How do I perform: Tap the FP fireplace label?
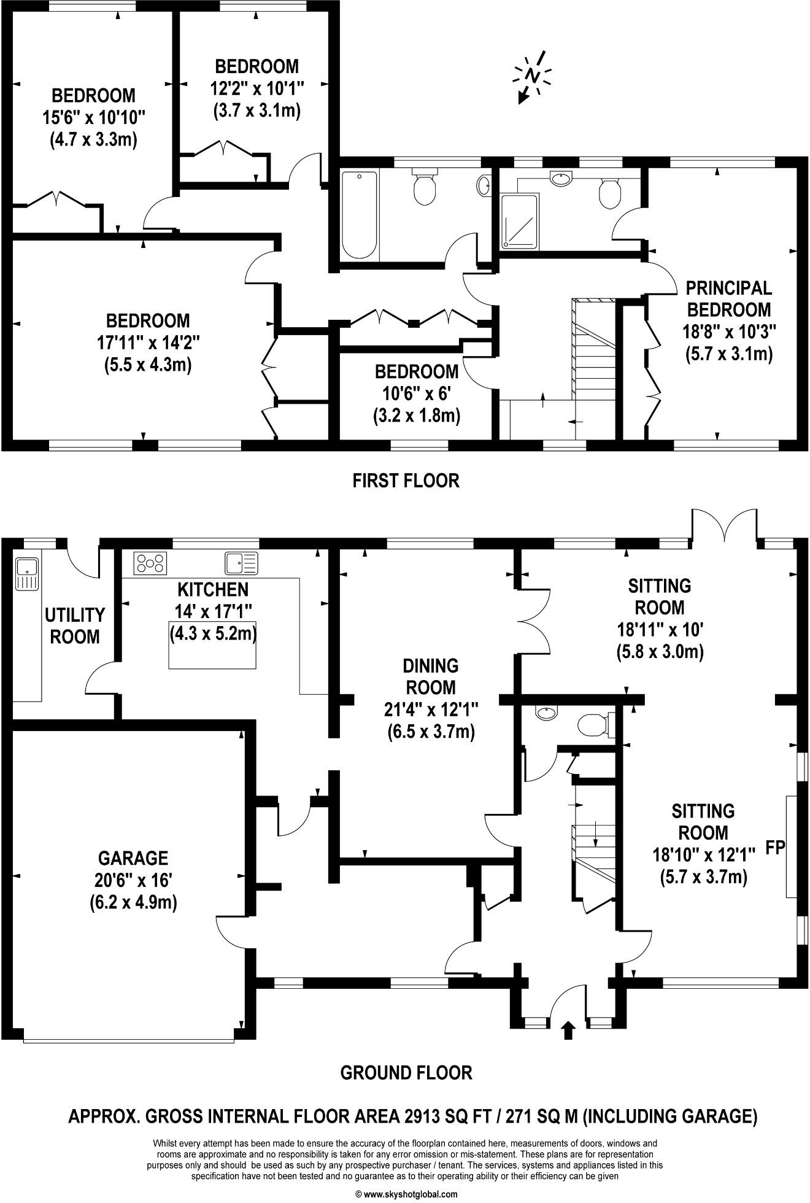pos(776,848)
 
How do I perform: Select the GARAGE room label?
pos(133,857)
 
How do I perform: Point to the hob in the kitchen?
pos(151,563)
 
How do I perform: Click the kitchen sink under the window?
pos(242,562)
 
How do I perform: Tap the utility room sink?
pos(27,574)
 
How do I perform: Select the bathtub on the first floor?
pos(359,215)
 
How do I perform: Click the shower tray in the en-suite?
pos(519,221)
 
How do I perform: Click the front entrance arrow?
pos(568,1030)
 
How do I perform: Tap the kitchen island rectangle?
pos(213,644)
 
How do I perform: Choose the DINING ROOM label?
pos(431,676)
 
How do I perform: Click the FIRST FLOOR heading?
pos(406,480)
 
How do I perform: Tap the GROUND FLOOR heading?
pos(406,1072)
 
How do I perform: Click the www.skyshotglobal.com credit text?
pos(406,1194)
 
